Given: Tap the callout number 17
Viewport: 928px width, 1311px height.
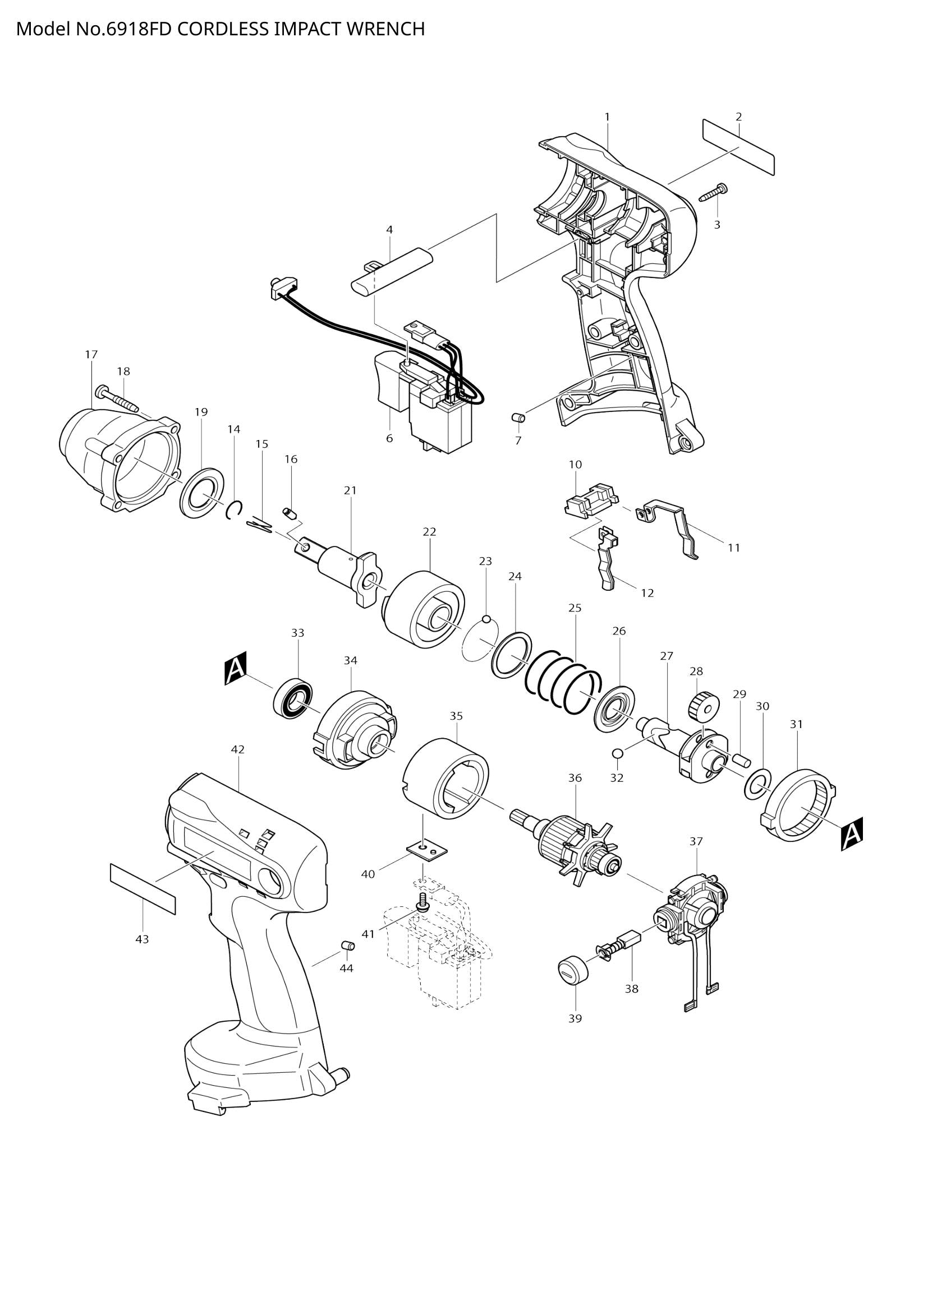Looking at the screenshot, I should [x=91, y=355].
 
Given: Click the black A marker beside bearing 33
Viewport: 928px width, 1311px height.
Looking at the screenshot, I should [x=236, y=668].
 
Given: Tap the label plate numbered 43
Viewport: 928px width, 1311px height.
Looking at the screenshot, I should [x=143, y=889].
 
